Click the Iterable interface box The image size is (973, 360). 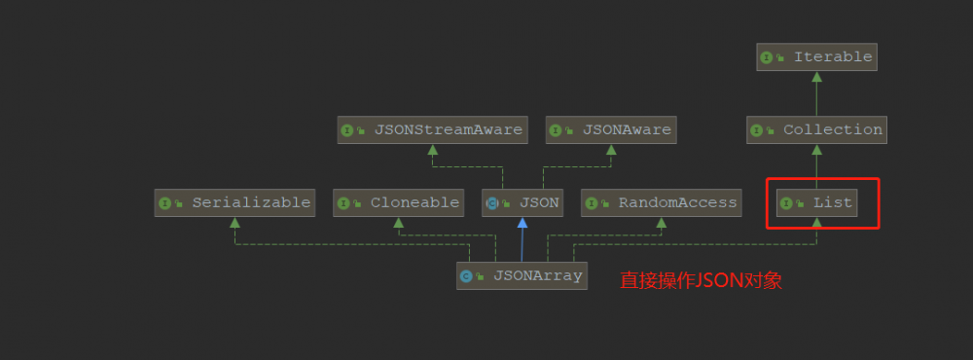pyautogui.click(x=816, y=57)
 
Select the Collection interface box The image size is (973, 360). pyautogui.click(x=816, y=129)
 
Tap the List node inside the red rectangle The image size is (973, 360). pyautogui.click(x=816, y=203)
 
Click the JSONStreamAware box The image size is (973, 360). pyautogui.click(x=433, y=129)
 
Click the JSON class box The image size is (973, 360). pyautogui.click(x=523, y=203)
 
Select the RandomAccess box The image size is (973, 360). pyautogui.click(x=662, y=203)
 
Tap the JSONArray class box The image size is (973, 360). pyautogui.click(x=523, y=275)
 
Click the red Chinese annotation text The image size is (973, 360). pyautogui.click(x=702, y=281)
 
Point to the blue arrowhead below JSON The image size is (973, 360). pyautogui.click(x=523, y=223)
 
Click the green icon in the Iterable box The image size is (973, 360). pyautogui.click(x=767, y=57)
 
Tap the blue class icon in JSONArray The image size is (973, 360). pyautogui.click(x=467, y=276)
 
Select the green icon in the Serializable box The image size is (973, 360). pyautogui.click(x=164, y=203)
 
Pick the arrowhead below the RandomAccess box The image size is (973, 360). pyautogui.click(x=662, y=223)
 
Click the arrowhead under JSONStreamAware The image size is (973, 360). pyautogui.click(x=433, y=149)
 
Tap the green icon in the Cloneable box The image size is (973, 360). pyautogui.click(x=343, y=203)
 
